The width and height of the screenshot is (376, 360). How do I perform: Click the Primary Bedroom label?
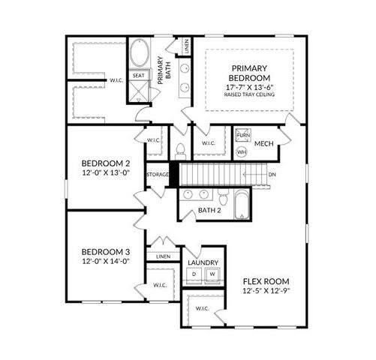(249, 73)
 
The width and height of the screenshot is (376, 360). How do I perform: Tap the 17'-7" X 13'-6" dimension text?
(249, 88)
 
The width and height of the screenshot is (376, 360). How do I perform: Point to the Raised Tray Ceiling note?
(249, 95)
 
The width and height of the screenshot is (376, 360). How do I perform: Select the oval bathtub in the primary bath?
(140, 55)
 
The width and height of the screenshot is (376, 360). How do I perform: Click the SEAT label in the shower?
(139, 76)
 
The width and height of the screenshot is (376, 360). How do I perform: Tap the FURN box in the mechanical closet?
(242, 136)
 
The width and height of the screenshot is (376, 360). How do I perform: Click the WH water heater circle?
(242, 151)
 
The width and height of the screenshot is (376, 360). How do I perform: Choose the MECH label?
(263, 144)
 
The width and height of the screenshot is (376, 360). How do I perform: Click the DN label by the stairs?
(271, 175)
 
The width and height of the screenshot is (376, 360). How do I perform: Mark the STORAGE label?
(158, 175)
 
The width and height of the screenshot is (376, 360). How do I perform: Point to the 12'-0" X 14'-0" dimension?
(106, 261)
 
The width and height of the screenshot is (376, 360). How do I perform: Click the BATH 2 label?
(209, 210)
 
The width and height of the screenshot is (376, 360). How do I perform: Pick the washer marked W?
(212, 274)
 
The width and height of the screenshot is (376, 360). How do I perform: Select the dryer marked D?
(194, 274)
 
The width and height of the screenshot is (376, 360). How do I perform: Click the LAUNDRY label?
(203, 262)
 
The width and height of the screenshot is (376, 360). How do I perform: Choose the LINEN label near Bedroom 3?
(163, 256)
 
